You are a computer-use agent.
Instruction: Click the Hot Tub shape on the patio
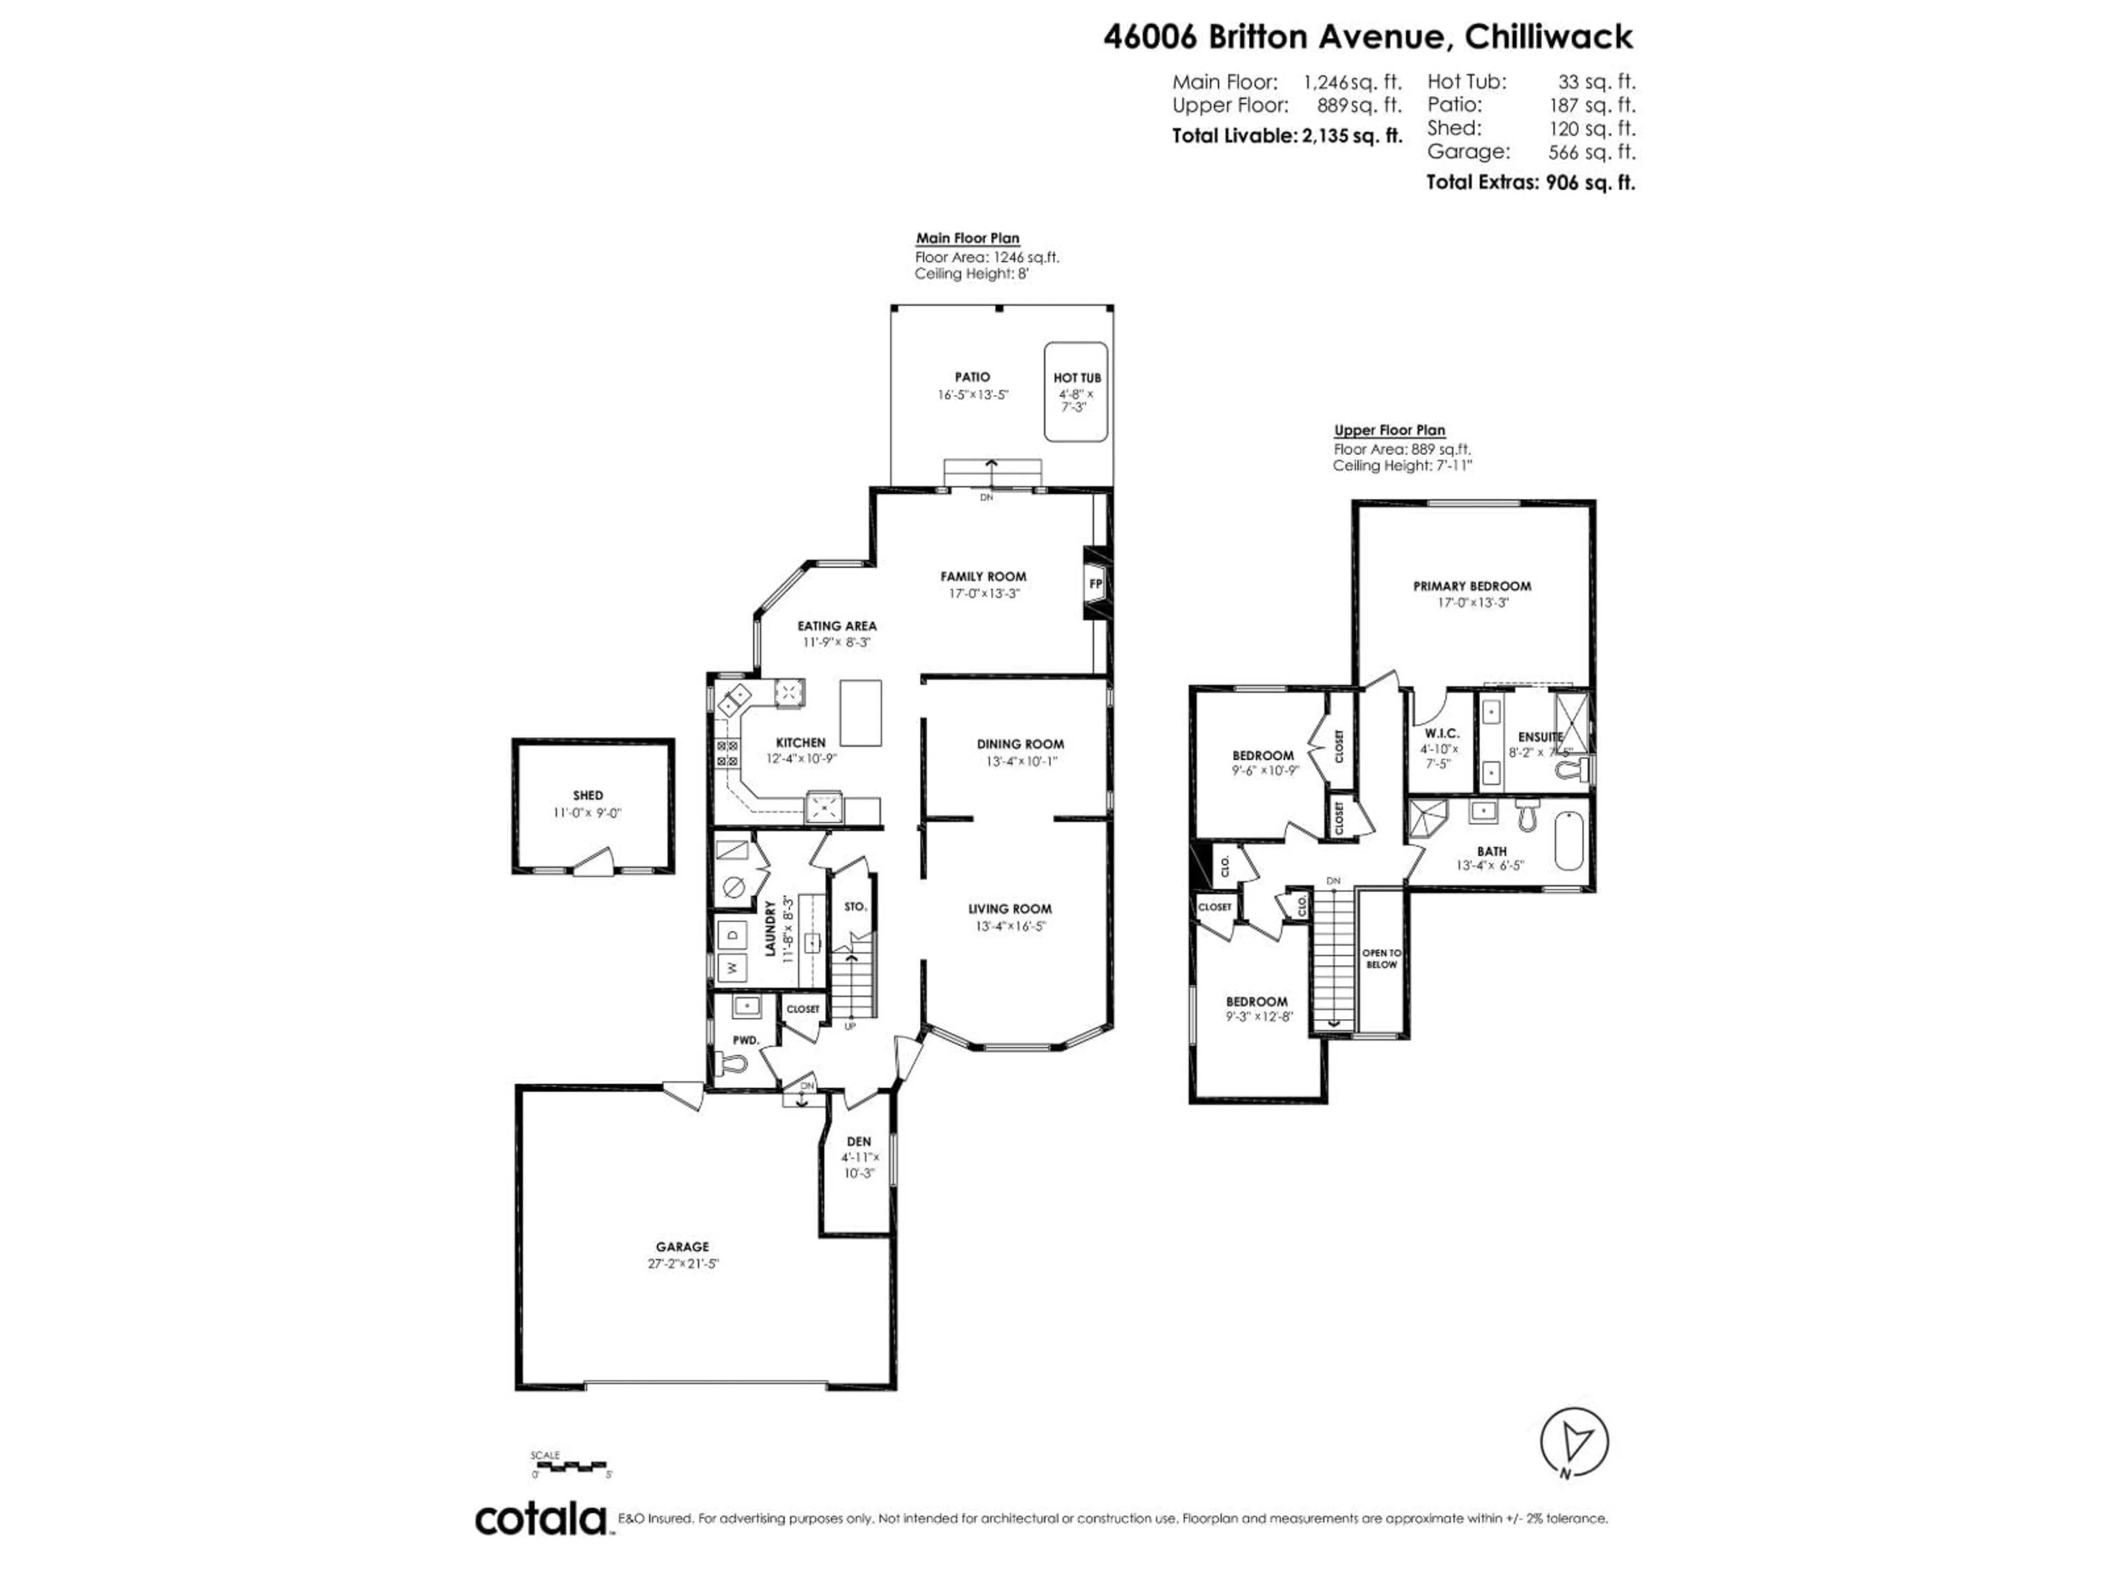click(x=1076, y=392)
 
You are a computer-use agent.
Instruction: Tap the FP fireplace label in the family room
click(x=1096, y=584)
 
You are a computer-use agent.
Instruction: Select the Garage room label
click(x=682, y=1246)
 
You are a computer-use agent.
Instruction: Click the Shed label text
click(x=587, y=795)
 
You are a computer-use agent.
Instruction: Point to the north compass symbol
click(x=1575, y=1443)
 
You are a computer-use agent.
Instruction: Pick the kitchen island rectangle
click(x=860, y=713)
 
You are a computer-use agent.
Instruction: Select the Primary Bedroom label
click(x=1472, y=586)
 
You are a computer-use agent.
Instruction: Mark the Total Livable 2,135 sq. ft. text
click(x=1287, y=136)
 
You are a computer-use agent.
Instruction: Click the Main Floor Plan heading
click(x=967, y=238)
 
